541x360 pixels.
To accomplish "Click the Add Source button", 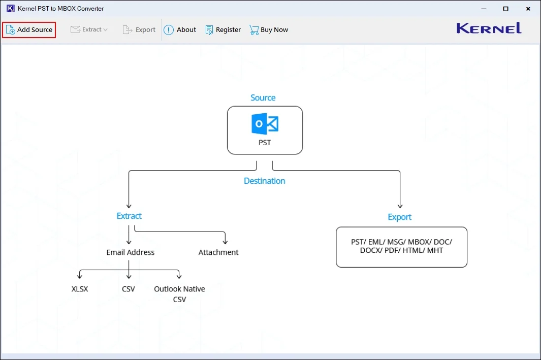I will coord(29,30).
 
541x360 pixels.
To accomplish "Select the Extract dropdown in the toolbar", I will coord(89,30).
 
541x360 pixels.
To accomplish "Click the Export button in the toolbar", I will coord(139,30).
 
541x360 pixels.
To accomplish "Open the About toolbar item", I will coord(180,30).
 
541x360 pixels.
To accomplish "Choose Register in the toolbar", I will coord(223,30).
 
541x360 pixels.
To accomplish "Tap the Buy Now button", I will coord(269,30).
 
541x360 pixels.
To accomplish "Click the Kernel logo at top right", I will coord(489,28).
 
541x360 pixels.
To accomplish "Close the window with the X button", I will coord(528,9).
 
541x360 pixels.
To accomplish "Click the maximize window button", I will coord(505,9).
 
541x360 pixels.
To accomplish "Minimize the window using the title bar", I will coord(482,9).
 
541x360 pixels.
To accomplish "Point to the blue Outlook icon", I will coord(265,124).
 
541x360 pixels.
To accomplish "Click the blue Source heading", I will coord(263,98).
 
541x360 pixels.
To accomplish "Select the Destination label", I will coord(264,181).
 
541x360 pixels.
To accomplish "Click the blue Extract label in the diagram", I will coord(129,216).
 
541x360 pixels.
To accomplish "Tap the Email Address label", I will coord(131,252).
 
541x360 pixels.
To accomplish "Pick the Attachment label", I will coord(218,252).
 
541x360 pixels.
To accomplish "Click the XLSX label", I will coord(80,289).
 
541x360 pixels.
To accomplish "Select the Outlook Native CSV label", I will coord(179,294).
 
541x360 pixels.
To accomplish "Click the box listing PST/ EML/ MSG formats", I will coord(401,247).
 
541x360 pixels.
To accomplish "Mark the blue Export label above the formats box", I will coord(399,217).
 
